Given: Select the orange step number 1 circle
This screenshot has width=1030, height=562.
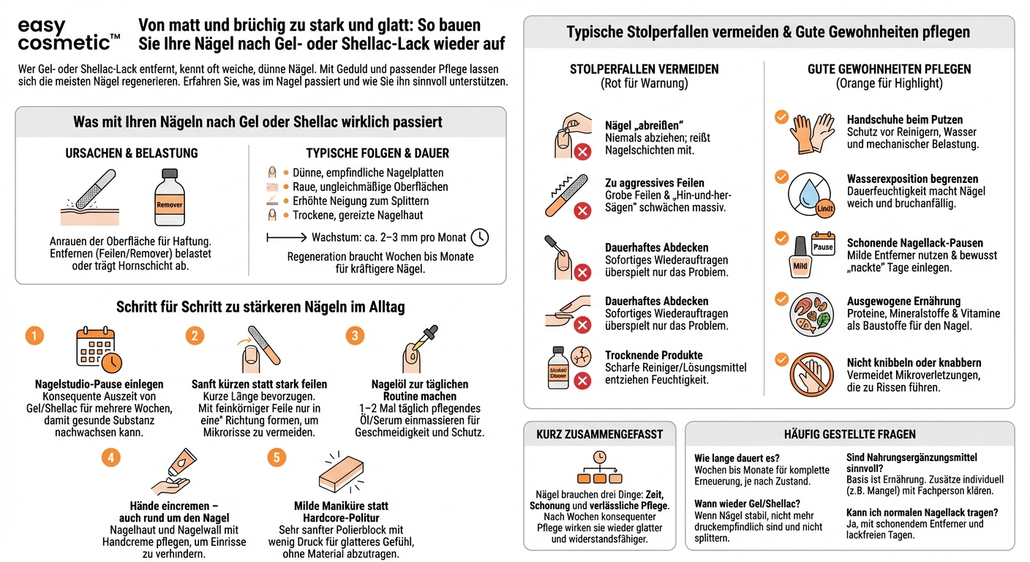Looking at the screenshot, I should tap(34, 336).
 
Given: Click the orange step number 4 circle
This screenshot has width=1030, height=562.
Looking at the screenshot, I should tap(110, 457).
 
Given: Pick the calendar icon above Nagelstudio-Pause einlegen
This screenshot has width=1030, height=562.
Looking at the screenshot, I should tap(98, 349).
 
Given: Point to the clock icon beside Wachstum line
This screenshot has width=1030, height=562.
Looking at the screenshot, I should tap(479, 237).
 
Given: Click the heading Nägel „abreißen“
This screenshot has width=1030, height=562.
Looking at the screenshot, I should tap(644, 125).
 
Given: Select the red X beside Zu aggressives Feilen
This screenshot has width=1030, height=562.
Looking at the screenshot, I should tap(582, 211).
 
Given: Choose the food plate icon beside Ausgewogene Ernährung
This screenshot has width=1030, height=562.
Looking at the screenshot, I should tap(812, 313).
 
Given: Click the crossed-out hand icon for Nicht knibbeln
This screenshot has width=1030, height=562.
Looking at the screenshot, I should tap(812, 375).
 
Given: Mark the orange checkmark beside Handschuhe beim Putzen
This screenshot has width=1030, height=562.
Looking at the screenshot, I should tap(781, 116).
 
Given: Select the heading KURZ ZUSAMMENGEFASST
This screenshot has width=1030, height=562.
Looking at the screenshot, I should tap(599, 434).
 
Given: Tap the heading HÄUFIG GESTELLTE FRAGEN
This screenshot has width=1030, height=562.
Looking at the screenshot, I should tap(849, 434).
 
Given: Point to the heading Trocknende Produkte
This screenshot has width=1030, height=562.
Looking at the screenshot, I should tap(653, 355).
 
